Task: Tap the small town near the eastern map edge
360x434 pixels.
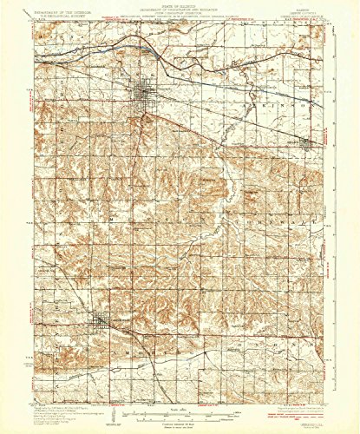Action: (306, 145)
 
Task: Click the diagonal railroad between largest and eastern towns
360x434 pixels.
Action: (226, 118)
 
